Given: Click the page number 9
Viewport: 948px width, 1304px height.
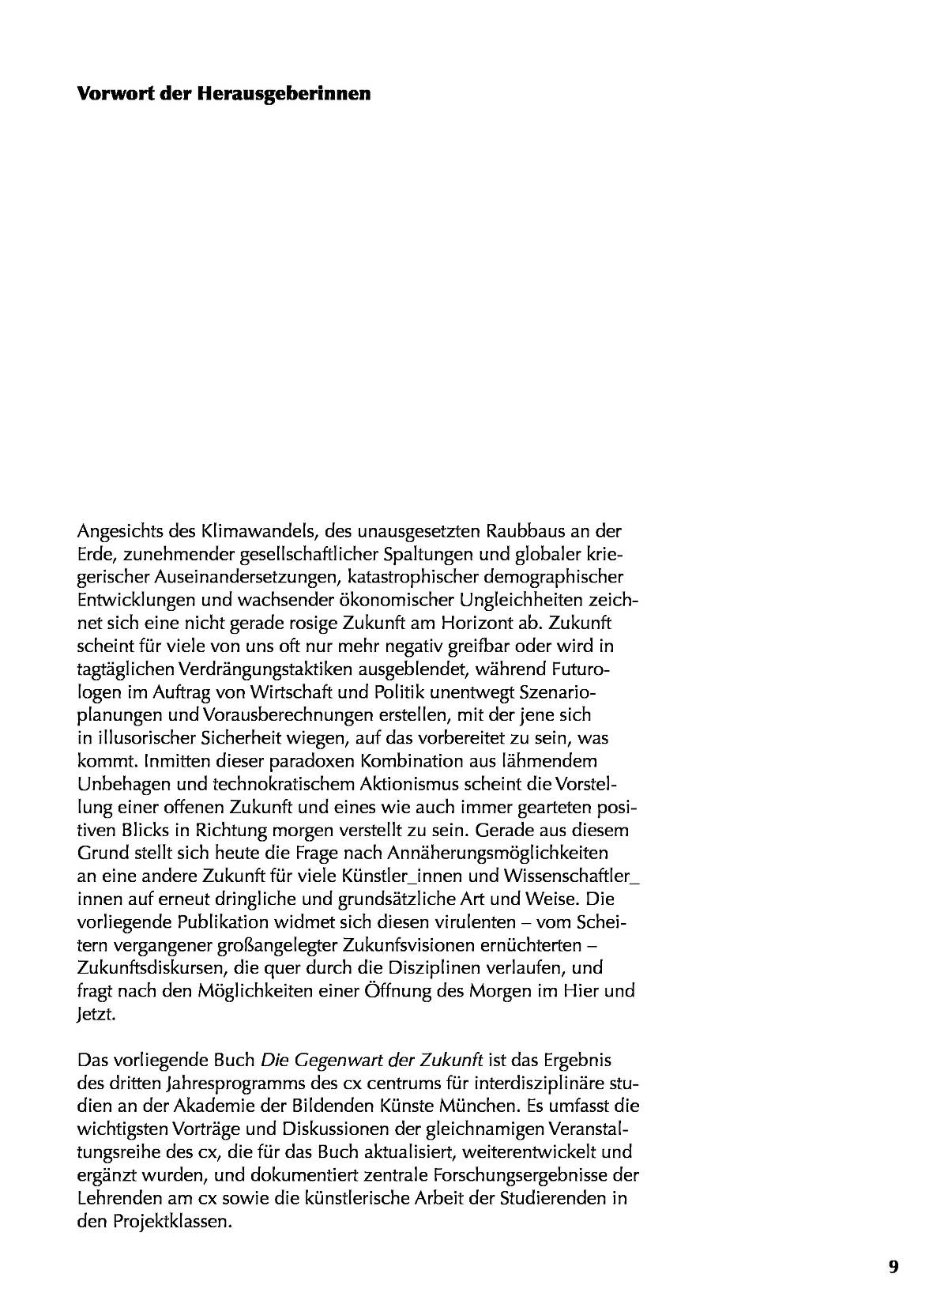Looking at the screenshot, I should click(x=893, y=1267).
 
